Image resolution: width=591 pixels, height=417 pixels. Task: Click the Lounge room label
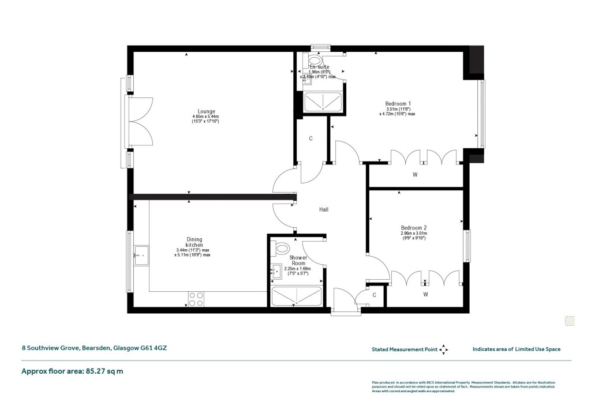[206, 111]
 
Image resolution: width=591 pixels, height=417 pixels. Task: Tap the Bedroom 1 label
[398, 104]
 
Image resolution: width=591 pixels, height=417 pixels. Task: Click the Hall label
[324, 209]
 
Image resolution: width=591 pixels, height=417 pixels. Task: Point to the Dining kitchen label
[194, 242]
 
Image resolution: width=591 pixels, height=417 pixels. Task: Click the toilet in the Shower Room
[283, 249]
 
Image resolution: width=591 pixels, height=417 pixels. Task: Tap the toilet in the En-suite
[316, 59]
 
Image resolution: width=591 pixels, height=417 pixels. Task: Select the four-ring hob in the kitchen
[196, 298]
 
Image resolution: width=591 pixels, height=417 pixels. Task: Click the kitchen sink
[141, 255]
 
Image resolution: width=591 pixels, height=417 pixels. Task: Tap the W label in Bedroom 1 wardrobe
[414, 174]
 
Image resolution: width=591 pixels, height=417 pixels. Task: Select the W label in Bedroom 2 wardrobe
[425, 295]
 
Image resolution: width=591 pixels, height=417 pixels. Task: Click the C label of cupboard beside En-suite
[311, 139]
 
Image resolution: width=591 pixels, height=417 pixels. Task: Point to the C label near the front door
[374, 295]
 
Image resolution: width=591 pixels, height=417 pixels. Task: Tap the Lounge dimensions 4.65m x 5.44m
[206, 117]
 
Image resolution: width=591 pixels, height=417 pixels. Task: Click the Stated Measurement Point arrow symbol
[443, 349]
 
